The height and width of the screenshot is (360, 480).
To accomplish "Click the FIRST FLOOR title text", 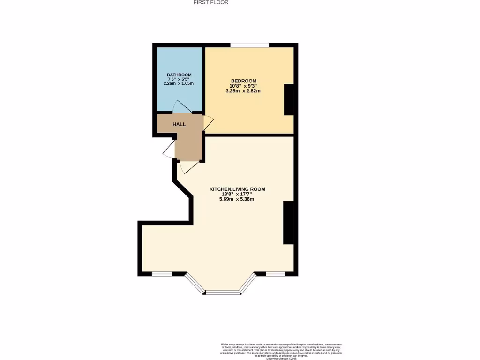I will tap(211, 2).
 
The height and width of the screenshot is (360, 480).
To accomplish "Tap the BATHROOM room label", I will tap(179, 75).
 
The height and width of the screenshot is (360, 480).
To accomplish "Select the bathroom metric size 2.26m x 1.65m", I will tap(179, 83).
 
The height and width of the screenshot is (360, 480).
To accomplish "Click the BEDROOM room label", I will tap(243, 81).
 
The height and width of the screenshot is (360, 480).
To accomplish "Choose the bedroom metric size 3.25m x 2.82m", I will tap(243, 91).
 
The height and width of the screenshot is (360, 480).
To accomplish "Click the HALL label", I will tap(179, 124).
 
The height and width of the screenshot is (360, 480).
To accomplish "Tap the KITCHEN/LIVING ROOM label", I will tap(237, 189).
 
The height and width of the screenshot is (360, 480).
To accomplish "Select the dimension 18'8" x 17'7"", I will tap(237, 194).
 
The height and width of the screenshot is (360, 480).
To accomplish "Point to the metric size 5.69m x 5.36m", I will tap(237, 199).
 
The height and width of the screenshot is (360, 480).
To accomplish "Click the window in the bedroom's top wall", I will tap(249, 45).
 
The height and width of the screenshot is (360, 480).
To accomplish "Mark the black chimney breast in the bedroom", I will tap(289, 100).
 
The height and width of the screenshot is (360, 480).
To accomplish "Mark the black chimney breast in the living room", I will tap(288, 223).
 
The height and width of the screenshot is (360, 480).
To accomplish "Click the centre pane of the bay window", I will tap(223, 292).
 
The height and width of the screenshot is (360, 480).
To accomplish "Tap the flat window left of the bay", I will tap(162, 274).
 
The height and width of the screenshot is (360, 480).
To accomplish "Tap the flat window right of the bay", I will tap(275, 274).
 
